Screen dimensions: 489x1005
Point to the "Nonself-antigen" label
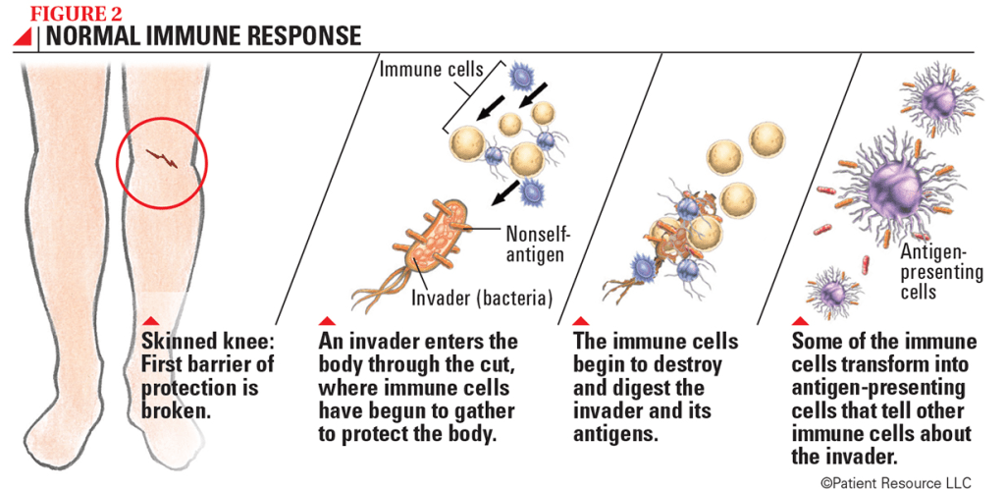536,243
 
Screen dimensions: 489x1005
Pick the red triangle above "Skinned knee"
150,321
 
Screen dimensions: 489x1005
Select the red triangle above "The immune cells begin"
579,321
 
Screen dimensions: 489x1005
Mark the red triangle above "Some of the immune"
799,321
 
